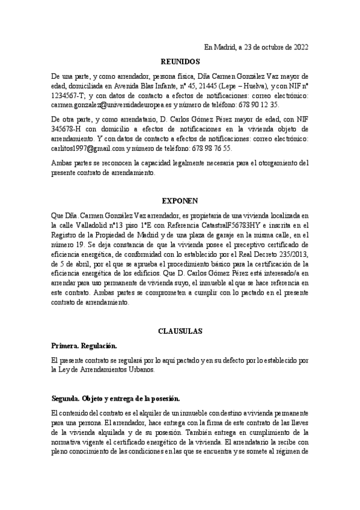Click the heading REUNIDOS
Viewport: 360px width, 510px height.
click(x=180, y=61)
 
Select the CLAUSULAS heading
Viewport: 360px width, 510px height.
click(x=180, y=331)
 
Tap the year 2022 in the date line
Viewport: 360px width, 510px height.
click(x=299, y=47)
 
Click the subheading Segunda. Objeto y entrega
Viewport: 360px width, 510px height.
click(x=112, y=399)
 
